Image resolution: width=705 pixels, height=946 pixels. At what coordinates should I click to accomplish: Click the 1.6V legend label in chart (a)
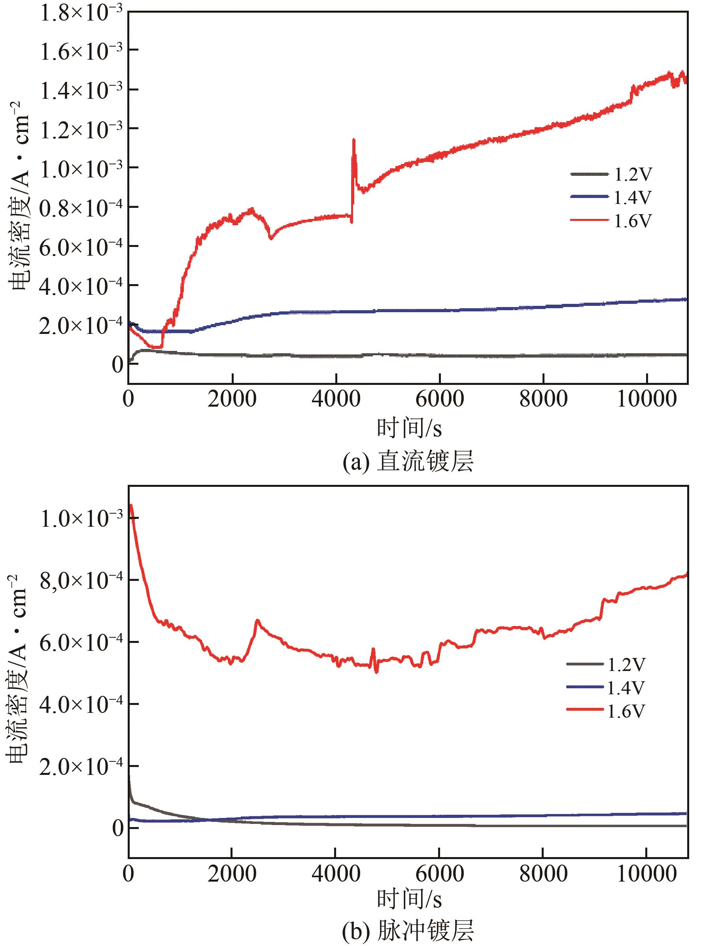633,221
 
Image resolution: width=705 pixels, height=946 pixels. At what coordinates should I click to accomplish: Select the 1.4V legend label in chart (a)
633,197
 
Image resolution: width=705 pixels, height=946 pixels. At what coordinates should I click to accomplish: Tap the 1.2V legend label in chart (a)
633,174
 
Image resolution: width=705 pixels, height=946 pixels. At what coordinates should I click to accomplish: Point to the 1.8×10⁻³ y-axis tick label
81,14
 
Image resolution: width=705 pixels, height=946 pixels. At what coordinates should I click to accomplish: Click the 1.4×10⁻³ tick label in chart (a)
81,90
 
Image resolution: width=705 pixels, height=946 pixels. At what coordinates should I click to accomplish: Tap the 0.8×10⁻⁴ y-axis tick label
81,208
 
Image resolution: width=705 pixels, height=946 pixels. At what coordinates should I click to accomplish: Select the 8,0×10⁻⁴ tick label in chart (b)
81,581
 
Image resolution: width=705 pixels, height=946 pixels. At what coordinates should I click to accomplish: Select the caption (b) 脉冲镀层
408,933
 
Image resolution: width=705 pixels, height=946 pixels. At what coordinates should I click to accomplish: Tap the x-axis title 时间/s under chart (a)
408,428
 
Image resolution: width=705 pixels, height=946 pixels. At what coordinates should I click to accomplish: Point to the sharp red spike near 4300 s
354,141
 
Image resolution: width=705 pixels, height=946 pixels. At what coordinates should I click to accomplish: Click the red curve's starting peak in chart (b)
131,506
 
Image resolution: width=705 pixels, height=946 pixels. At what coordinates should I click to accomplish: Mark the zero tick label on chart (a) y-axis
117,365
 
